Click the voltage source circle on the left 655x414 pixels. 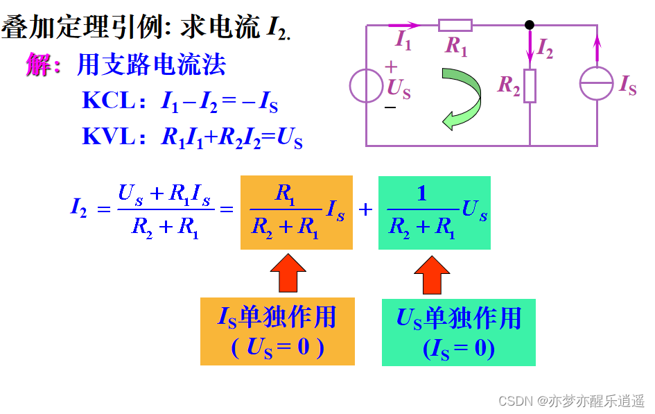click(367, 86)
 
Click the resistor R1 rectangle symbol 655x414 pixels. click(455, 26)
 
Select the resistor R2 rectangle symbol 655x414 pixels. click(530, 85)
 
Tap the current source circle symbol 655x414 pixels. click(597, 85)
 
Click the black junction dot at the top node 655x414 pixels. click(530, 25)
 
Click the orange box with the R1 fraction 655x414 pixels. click(297, 213)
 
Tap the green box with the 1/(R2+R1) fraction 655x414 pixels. click(435, 213)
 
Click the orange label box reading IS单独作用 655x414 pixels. click(277, 331)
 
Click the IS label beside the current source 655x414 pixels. click(628, 87)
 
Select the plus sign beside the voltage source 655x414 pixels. click(391, 68)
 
